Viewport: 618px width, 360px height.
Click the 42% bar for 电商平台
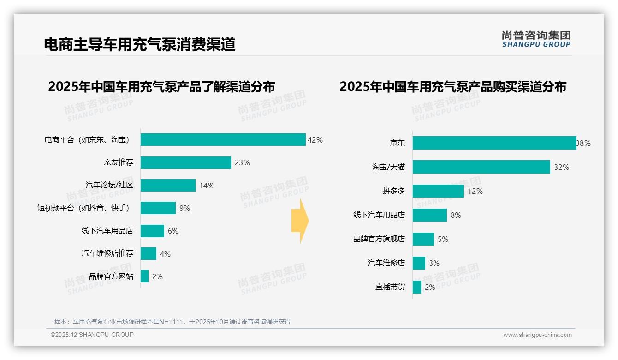pyautogui.click(x=223, y=140)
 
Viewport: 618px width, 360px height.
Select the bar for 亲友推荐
pyautogui.click(x=185, y=162)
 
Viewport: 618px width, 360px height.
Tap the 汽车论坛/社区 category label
pyautogui.click(x=109, y=185)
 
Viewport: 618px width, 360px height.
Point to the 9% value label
pyautogui.click(x=184, y=208)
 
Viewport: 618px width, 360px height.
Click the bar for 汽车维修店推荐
pyautogui.click(x=149, y=253)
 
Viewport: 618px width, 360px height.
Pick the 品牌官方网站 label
pyautogui.click(x=111, y=276)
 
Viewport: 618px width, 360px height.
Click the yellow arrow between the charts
pyautogui.click(x=300, y=221)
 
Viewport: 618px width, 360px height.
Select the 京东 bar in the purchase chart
pyautogui.click(x=494, y=143)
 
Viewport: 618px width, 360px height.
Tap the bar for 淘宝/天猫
pyautogui.click(x=481, y=167)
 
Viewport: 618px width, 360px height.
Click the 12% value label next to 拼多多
pyautogui.click(x=475, y=191)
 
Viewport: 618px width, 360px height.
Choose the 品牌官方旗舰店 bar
pyautogui.click(x=423, y=239)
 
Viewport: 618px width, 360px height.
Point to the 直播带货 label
pyautogui.click(x=390, y=287)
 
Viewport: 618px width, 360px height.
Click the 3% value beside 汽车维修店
pyautogui.click(x=434, y=263)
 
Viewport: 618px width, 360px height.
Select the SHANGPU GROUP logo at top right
pyautogui.click(x=536, y=39)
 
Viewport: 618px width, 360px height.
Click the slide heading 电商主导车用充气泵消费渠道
pyautogui.click(x=140, y=44)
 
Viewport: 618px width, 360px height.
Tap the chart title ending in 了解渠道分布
pyautogui.click(x=161, y=86)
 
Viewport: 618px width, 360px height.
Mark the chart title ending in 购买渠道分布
pyautogui.click(x=453, y=86)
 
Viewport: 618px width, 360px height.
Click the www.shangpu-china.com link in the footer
pyautogui.click(x=537, y=335)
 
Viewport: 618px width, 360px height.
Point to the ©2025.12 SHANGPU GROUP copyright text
pyautogui.click(x=92, y=335)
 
